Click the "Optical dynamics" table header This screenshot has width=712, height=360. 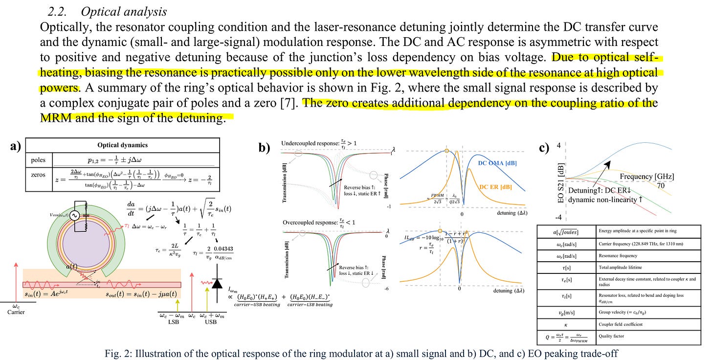pos(123,145)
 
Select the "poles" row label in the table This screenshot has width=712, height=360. pos(38,160)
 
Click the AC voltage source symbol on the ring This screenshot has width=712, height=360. pos(76,216)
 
